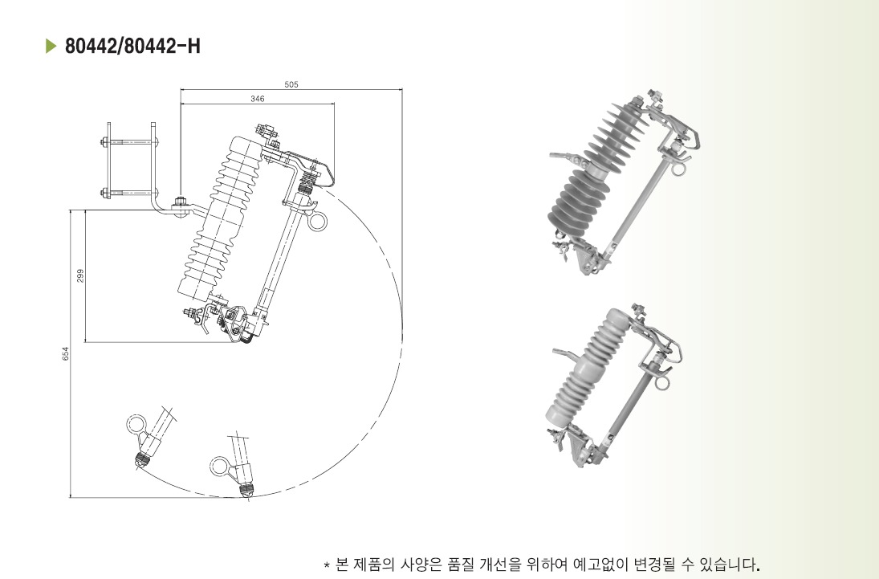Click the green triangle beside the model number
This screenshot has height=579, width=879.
click(51, 46)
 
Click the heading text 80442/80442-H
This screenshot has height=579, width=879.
click(132, 46)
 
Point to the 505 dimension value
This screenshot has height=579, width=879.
click(291, 84)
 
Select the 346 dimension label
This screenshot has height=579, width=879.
click(258, 99)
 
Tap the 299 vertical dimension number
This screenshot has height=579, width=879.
click(80, 275)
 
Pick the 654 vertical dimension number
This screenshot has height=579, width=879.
click(66, 353)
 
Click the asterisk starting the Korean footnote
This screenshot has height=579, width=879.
click(327, 564)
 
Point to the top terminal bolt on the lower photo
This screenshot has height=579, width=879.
click(637, 310)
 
